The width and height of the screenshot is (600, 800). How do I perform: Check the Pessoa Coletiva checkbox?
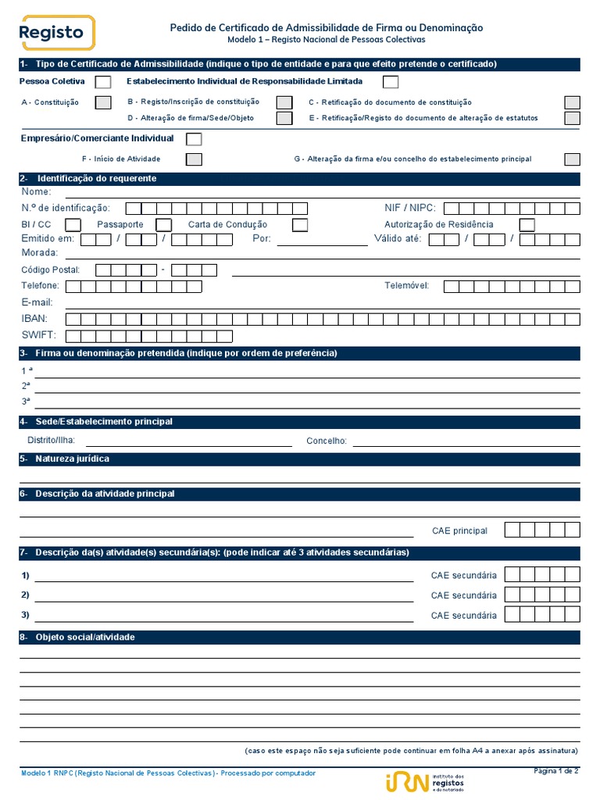point(103,82)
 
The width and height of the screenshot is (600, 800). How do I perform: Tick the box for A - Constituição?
point(103,102)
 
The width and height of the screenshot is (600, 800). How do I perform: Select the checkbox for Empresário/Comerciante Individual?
point(194,139)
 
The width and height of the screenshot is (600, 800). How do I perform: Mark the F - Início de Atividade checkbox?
point(194,159)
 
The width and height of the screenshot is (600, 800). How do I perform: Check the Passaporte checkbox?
point(164,225)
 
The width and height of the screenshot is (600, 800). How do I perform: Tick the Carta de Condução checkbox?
point(300,225)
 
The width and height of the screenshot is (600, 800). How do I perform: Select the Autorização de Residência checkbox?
point(527,225)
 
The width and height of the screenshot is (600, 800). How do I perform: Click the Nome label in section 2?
point(36,192)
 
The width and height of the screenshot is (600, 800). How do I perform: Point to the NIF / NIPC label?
point(410,208)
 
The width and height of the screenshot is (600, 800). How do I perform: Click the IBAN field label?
point(34,319)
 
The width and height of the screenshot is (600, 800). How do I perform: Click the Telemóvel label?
point(406,286)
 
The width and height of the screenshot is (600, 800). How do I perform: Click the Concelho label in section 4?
point(327,441)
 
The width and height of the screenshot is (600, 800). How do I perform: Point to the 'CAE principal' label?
point(459,531)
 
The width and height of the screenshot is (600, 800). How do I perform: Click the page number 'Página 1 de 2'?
point(555,772)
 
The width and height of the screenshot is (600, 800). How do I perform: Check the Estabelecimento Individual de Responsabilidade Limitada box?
point(391,82)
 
